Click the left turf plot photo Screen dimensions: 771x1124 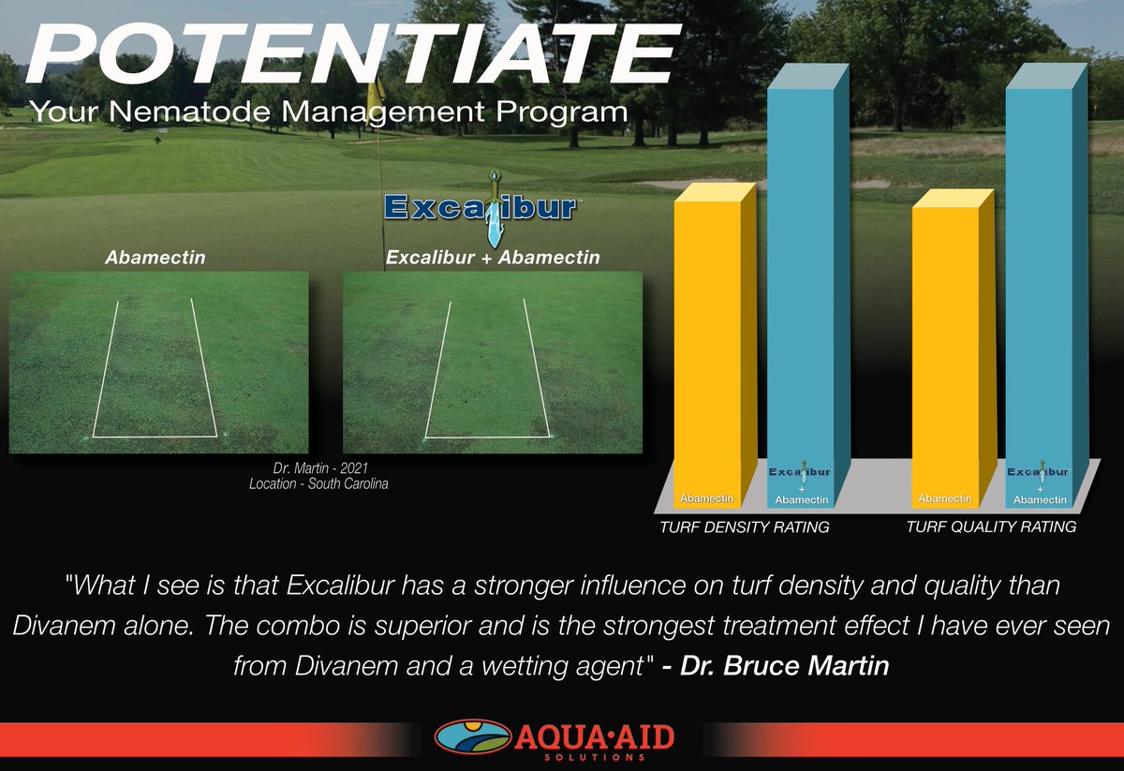[158, 363]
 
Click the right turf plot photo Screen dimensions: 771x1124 [494, 363]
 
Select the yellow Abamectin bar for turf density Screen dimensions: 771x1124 [707, 347]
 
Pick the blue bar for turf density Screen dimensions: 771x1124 [801, 290]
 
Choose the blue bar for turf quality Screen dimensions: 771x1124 [1040, 290]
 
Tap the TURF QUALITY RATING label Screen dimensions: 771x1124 [991, 527]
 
